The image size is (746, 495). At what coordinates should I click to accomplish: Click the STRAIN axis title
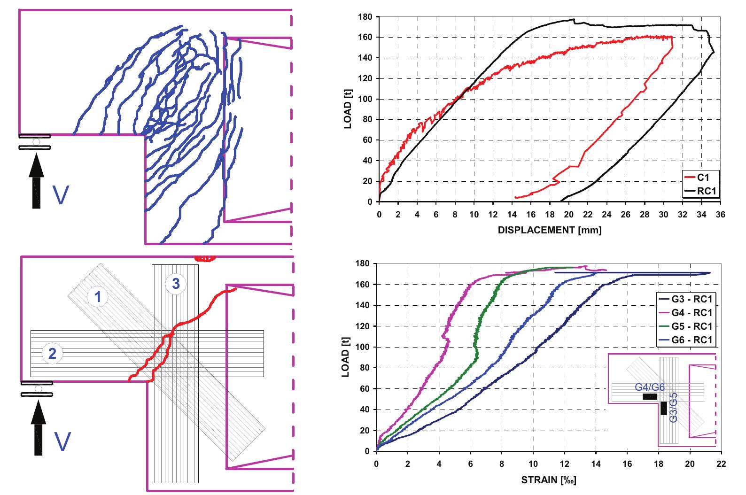(x=549, y=480)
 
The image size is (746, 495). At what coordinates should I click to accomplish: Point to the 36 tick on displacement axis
(x=721, y=214)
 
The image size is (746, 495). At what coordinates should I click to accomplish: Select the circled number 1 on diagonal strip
(x=99, y=296)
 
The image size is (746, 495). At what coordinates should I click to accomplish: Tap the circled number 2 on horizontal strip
(x=52, y=353)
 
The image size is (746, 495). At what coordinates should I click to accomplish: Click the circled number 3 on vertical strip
(x=176, y=283)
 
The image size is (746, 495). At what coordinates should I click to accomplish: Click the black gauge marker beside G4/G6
(x=650, y=397)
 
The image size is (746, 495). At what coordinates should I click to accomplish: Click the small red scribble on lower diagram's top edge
(x=205, y=258)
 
